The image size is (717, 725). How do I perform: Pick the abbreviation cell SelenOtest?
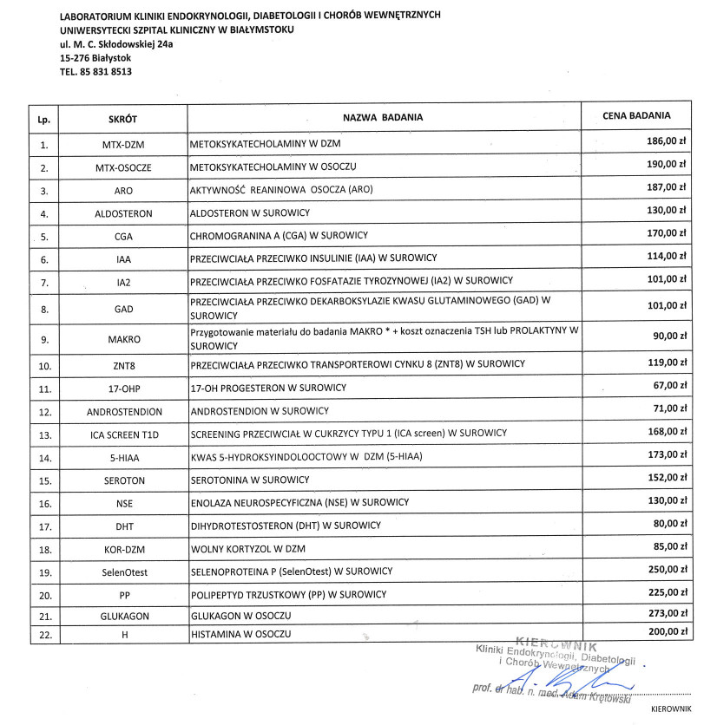(x=122, y=572)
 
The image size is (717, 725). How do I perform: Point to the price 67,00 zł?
(x=670, y=385)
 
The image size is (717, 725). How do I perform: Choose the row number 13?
(x=43, y=434)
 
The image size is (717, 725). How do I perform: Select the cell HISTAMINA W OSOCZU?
(x=240, y=635)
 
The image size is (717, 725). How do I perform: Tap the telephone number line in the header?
(x=95, y=72)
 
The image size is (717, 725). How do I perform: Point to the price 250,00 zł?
(x=668, y=570)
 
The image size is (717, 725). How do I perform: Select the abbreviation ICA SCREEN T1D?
(x=122, y=434)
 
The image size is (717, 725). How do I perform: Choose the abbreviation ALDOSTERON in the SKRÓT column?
(x=122, y=213)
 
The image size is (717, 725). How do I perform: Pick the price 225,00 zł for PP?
(x=668, y=593)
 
